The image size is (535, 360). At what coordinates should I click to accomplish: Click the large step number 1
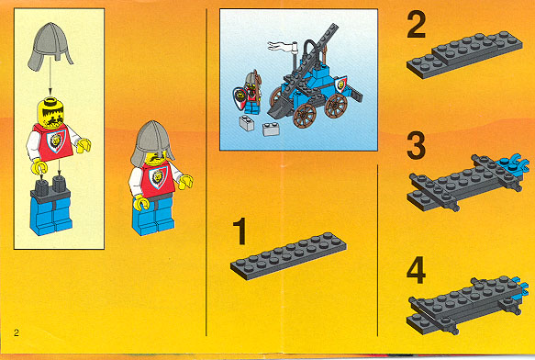[240, 231]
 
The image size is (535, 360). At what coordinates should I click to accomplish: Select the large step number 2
[417, 24]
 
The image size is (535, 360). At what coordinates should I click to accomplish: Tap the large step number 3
[417, 146]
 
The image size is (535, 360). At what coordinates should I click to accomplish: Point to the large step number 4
[417, 270]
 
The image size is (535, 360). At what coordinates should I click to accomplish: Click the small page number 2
[17, 332]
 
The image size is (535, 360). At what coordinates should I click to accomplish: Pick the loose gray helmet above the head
[50, 46]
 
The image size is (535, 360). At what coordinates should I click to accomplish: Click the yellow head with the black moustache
[50, 113]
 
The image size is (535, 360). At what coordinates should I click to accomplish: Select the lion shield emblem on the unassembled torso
[56, 141]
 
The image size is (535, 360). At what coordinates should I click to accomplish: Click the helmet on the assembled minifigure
[151, 141]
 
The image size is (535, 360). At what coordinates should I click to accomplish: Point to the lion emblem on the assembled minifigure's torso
[158, 177]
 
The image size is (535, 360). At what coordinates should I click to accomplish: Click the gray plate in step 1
[289, 256]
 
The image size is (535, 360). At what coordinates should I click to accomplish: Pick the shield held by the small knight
[240, 97]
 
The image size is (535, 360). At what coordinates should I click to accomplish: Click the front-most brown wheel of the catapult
[305, 116]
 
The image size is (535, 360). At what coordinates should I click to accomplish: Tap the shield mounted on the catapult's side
[340, 84]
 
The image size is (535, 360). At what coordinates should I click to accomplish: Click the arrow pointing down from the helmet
[50, 76]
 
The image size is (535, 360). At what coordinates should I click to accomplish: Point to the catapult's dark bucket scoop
[278, 107]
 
